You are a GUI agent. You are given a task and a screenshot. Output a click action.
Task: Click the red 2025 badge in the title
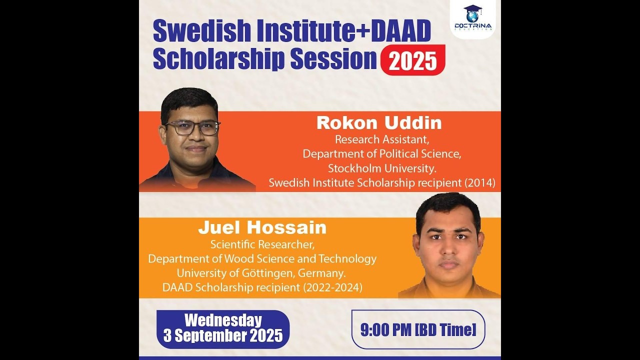coord(412,60)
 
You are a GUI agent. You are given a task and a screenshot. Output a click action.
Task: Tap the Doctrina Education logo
coord(472,18)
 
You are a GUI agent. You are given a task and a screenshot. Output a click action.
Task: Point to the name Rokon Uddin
coord(379,123)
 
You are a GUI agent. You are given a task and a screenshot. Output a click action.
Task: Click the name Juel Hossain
coord(262,228)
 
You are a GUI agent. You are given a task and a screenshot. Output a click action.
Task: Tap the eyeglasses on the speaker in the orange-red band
coord(193,128)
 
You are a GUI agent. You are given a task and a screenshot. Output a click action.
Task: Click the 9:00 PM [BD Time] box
coord(418,329)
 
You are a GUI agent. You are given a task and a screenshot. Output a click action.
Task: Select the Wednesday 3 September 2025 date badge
coord(223,328)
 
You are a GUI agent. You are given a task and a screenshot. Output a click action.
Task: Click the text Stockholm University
coord(382,168)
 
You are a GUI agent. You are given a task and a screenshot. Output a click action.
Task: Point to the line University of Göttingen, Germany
coord(261,273)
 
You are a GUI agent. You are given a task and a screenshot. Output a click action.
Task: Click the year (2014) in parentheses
coord(479,183)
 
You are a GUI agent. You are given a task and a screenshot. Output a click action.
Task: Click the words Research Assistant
coord(381,139)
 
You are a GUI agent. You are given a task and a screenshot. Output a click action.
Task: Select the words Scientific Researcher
coord(262,244)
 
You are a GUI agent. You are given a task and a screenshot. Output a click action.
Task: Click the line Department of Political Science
coord(381,153)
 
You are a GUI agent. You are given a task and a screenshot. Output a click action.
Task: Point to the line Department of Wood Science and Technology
coord(262,259)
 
